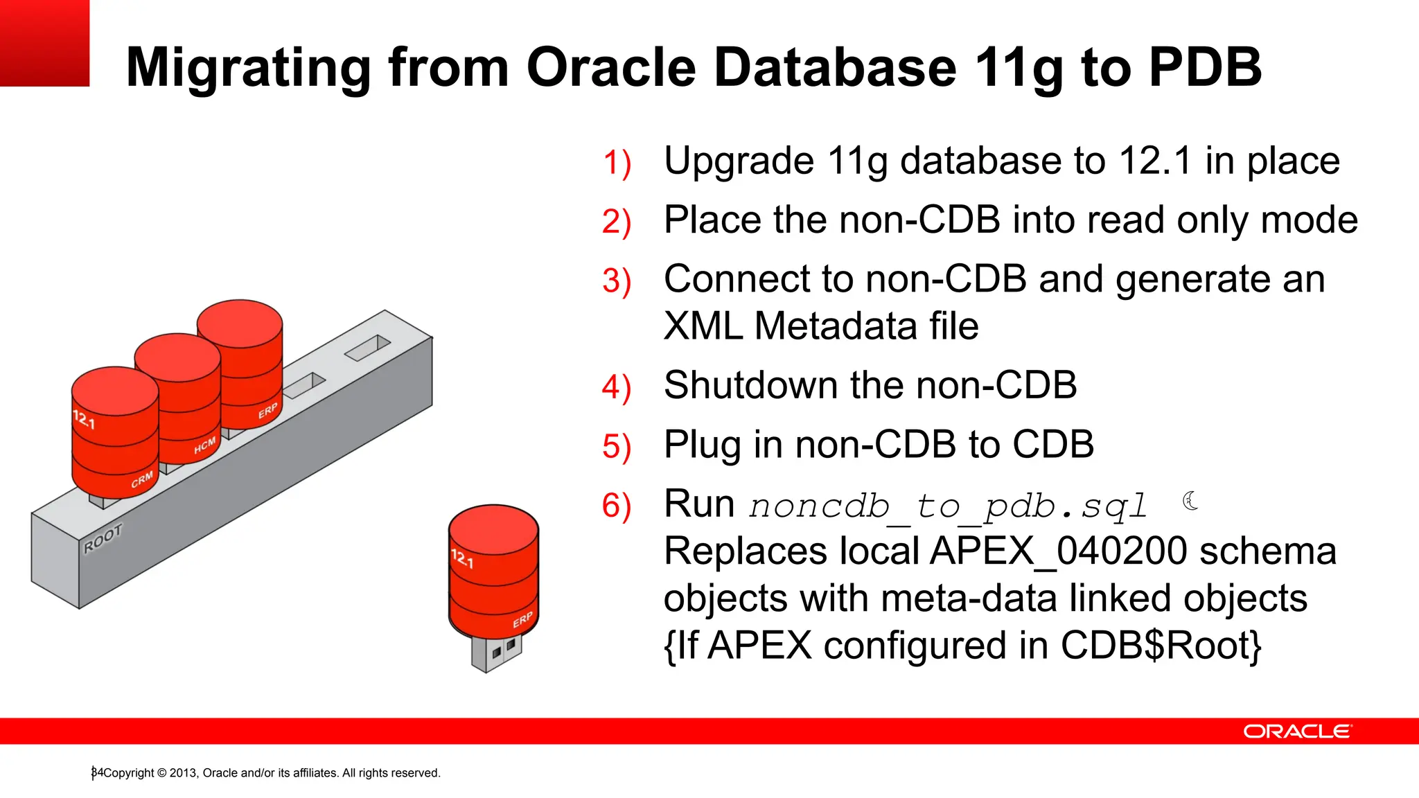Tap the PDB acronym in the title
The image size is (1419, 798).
(x=1205, y=67)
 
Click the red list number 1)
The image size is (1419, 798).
(x=616, y=163)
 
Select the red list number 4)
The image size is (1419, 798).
(x=616, y=388)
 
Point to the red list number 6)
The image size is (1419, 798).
(x=616, y=506)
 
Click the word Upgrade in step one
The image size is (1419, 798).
(x=739, y=161)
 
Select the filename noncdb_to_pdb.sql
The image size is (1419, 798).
(x=948, y=506)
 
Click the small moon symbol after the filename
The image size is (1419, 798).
(x=1190, y=500)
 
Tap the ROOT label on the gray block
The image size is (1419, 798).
(x=103, y=538)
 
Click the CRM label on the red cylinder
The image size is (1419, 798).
(x=142, y=479)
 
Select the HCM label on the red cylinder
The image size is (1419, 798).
(x=204, y=445)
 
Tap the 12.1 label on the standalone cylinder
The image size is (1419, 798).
(x=462, y=558)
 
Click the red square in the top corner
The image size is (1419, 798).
(x=44, y=43)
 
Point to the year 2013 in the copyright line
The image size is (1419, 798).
(x=183, y=773)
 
